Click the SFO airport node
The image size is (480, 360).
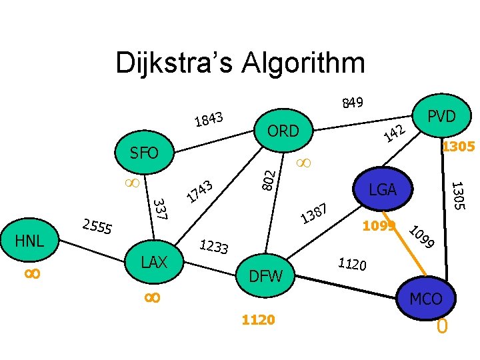pos(144,154)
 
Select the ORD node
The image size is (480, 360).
pos(283,131)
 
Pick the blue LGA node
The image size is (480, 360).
pos(383,191)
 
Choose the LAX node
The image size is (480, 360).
pos(155,262)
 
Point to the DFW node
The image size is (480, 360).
pos(265,275)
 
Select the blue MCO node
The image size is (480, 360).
pos(426,299)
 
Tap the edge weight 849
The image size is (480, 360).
pos(352,103)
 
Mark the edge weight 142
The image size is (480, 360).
pos(395,133)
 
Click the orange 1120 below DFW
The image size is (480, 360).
pos(258,321)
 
